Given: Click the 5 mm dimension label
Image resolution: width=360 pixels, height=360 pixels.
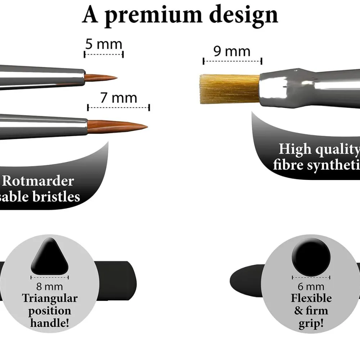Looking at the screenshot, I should (104, 45).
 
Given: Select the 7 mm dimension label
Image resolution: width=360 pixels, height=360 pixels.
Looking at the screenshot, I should (118, 98).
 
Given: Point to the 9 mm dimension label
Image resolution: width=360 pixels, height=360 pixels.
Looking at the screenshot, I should (232, 51).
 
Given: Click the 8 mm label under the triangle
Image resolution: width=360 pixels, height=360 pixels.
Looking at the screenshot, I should (49, 287).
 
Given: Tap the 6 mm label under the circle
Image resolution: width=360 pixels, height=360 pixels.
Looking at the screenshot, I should (311, 287).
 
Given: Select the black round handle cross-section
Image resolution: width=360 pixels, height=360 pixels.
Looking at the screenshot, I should (311, 257).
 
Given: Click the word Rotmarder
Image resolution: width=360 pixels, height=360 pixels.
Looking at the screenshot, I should (38, 181).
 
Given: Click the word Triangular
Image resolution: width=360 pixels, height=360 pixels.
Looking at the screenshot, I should (50, 298).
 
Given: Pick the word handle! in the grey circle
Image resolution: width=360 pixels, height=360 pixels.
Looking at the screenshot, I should (49, 322).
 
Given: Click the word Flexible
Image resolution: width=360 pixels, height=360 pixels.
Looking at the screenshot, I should (311, 298).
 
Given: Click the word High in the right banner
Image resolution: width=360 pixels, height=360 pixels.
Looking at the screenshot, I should (295, 149).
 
